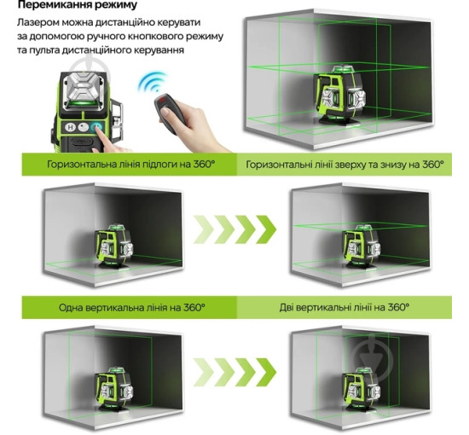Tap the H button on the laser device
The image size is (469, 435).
[71, 127]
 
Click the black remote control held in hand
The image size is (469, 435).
[170, 113]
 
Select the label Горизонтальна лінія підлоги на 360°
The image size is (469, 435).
[131, 165]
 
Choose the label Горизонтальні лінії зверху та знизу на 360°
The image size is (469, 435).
[345, 165]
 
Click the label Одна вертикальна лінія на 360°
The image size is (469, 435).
[131, 307]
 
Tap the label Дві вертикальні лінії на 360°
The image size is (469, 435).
[345, 307]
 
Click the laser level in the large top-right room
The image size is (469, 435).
[340, 94]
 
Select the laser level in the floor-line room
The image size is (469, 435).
[114, 246]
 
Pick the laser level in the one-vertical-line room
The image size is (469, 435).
[114, 389]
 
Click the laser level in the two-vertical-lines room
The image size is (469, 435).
[362, 389]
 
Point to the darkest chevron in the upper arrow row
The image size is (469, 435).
[266, 229]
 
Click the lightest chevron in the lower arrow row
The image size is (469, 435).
[204, 372]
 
